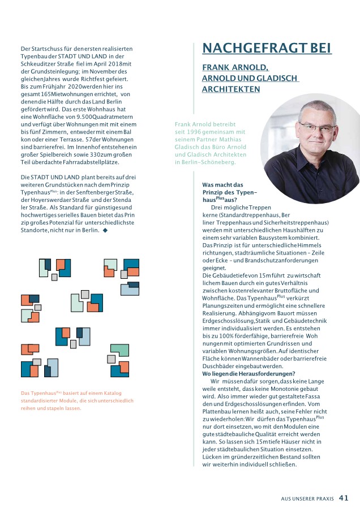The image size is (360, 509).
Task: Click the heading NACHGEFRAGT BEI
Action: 267,48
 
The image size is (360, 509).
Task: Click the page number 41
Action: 344,498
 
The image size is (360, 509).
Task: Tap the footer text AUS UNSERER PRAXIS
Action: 307,499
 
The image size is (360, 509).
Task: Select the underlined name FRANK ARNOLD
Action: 235,67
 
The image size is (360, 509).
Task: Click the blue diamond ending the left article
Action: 105,231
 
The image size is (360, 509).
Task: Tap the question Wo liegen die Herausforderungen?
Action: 248,373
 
